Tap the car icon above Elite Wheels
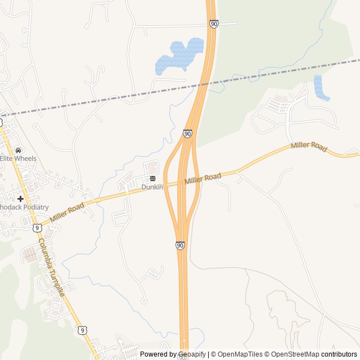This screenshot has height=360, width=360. click(19, 150)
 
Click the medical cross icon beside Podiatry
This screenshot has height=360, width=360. click(20, 199)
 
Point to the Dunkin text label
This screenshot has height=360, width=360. click(152, 187)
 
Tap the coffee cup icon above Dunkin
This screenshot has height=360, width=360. click(152, 178)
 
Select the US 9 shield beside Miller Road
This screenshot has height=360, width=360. click(37, 227)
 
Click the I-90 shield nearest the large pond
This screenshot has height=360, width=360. click(214, 24)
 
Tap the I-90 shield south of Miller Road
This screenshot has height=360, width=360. click(180, 246)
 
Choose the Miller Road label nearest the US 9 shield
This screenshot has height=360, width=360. click(66, 211)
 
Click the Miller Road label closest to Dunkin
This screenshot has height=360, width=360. click(202, 179)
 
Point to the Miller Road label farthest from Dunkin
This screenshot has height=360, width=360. click(309, 147)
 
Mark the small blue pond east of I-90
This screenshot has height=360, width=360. click(321, 88)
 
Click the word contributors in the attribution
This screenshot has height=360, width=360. click(339, 354)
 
